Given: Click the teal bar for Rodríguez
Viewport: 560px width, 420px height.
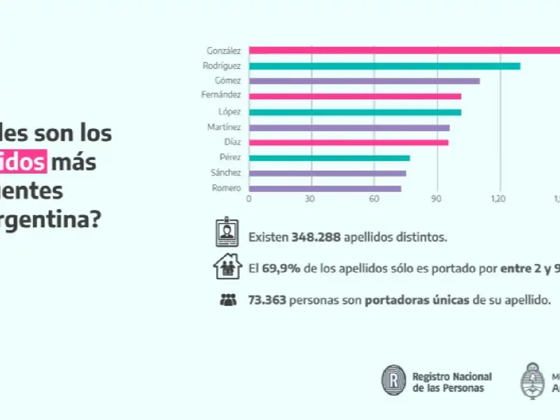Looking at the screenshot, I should (x=384, y=66).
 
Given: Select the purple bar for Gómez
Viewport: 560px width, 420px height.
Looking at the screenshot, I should (x=364, y=81).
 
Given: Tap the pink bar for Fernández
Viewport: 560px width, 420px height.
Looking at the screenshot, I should (x=355, y=97).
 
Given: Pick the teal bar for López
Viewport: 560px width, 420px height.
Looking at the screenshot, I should (x=355, y=112).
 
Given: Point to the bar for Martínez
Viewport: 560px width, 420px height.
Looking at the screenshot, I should (x=349, y=127).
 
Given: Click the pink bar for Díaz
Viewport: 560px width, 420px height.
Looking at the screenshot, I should (x=349, y=142).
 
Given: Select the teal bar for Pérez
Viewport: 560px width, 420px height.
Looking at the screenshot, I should (x=329, y=158).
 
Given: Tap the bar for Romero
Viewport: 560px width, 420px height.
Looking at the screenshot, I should (x=325, y=189).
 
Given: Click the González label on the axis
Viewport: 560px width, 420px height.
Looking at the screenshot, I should (x=224, y=50).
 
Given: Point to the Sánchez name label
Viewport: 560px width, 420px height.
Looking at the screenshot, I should (x=225, y=173).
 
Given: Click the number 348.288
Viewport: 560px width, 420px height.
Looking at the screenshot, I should (x=316, y=237).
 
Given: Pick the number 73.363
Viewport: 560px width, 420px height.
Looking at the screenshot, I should (x=267, y=300).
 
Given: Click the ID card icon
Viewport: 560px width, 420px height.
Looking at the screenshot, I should (x=227, y=233).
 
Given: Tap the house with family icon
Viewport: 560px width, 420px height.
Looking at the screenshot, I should (x=227, y=266).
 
